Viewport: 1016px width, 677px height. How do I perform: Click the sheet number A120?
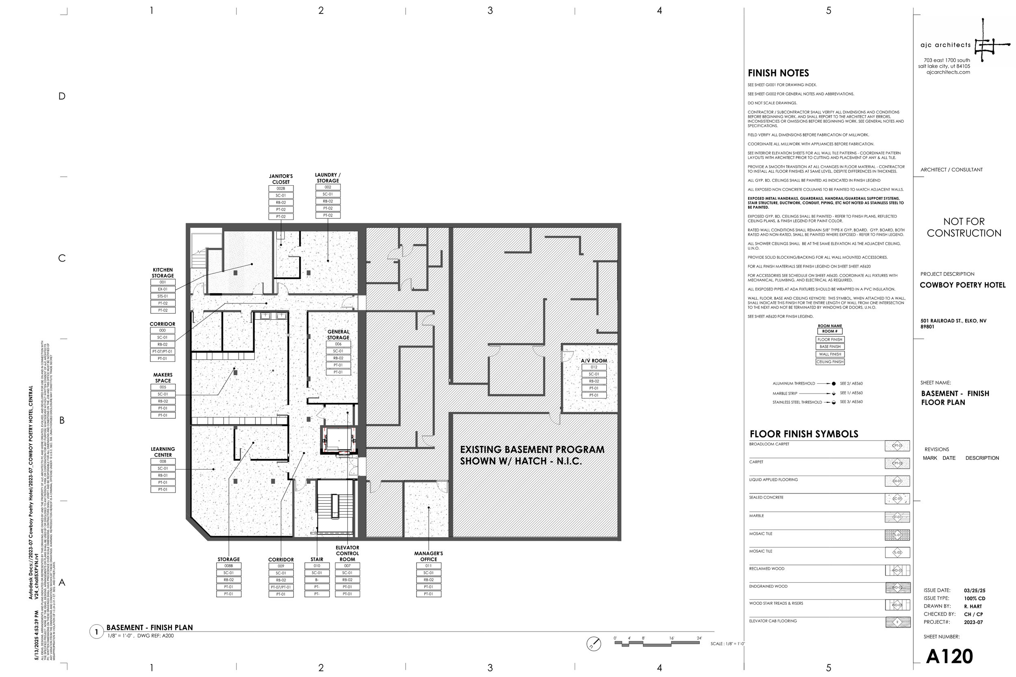949,657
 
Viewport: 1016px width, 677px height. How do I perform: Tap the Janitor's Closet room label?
281,179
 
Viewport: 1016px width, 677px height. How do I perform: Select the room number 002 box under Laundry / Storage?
328,187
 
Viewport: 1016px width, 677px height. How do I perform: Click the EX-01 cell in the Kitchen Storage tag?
163,289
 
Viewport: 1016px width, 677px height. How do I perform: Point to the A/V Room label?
593,361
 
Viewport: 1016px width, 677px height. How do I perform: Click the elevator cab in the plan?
338,439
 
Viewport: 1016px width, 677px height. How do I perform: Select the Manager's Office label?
428,556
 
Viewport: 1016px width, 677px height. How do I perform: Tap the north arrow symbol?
593,644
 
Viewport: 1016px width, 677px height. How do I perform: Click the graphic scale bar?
657,643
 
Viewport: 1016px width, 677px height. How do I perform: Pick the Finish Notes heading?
778,74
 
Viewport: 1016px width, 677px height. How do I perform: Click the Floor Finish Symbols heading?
803,434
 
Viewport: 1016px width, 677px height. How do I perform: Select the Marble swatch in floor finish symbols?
897,517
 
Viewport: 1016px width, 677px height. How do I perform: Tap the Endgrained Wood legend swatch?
897,588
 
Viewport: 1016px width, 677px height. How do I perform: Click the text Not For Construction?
964,227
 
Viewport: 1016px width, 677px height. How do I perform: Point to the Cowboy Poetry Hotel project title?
962,285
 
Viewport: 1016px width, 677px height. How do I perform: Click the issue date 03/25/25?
974,590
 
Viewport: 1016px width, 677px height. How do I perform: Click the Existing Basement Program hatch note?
532,455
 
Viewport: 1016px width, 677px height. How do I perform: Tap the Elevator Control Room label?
347,553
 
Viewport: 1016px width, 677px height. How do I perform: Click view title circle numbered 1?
96,632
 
